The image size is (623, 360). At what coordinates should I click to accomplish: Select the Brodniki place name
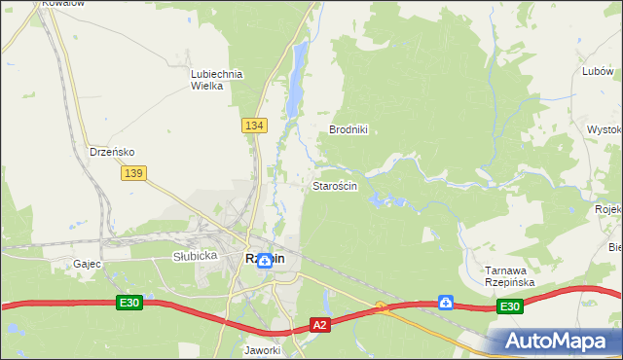[x=348, y=129]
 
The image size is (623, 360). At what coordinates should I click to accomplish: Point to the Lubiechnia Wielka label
[x=216, y=79]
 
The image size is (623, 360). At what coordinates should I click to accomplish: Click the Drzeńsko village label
[x=111, y=152]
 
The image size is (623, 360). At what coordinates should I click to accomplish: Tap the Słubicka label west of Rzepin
[x=192, y=256]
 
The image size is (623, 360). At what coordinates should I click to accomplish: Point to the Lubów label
[x=597, y=71]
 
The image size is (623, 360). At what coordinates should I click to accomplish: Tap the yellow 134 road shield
[x=254, y=126]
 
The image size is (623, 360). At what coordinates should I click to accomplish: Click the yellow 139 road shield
[x=134, y=172]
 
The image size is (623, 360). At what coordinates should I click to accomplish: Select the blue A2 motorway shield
[x=321, y=325]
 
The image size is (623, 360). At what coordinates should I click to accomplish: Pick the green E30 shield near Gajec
[x=130, y=304]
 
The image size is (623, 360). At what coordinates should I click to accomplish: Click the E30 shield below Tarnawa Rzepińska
[x=509, y=306]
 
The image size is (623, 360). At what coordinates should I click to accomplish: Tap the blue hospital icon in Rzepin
[x=264, y=261]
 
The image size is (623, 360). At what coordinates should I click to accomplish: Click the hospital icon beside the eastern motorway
[x=445, y=303]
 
